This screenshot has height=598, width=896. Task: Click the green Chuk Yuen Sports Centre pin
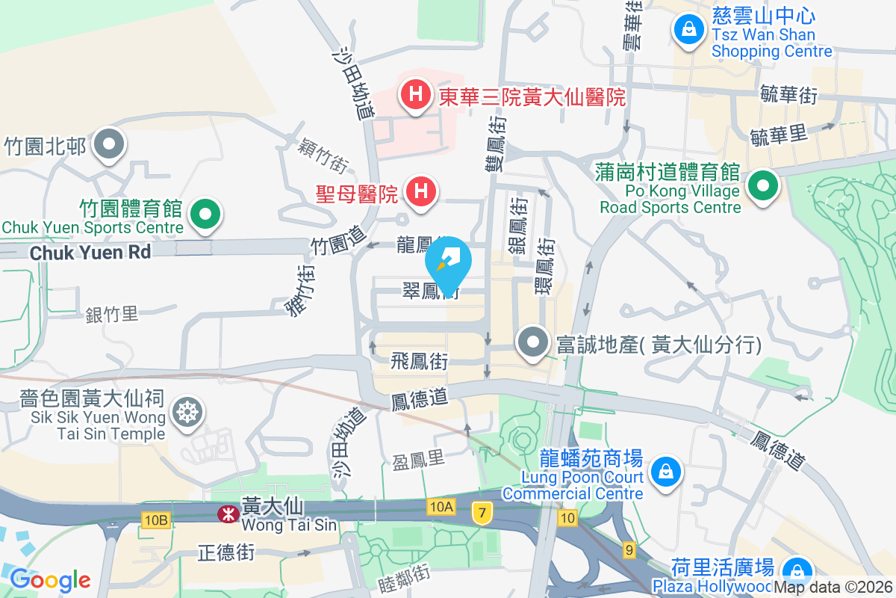(205, 215)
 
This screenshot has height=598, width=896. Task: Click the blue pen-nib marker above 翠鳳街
(449, 264)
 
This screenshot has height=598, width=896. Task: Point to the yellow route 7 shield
(482, 513)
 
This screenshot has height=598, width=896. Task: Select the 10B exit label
(155, 519)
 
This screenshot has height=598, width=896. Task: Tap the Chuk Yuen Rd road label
(90, 253)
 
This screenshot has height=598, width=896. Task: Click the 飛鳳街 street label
(420, 363)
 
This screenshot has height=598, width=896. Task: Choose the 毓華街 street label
(788, 95)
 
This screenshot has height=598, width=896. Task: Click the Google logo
(50, 579)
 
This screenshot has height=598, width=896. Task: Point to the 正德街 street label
(226, 553)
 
